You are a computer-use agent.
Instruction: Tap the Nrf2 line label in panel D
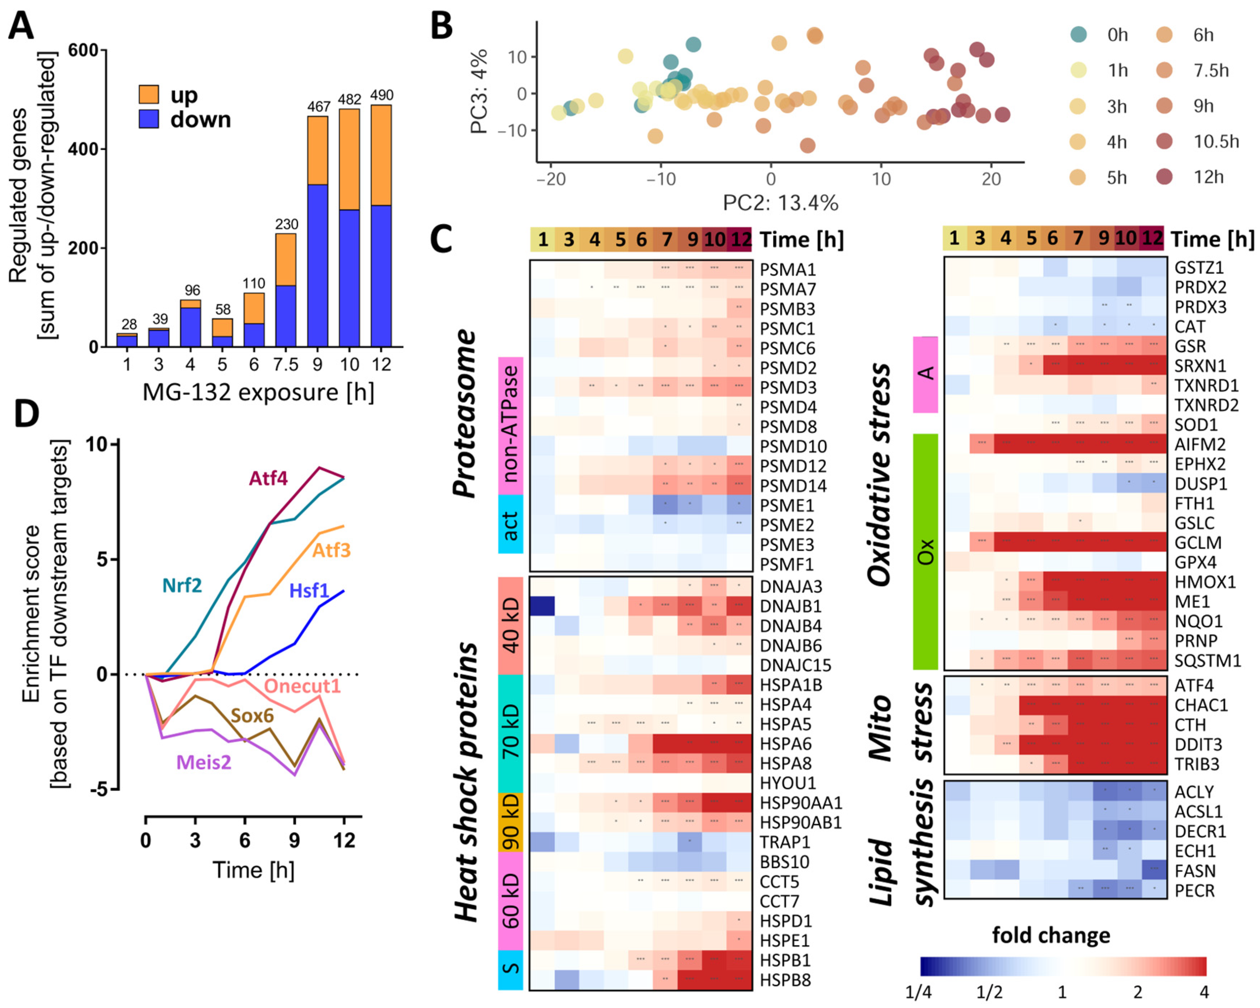(182, 585)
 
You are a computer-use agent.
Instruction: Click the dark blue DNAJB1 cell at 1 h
(542, 606)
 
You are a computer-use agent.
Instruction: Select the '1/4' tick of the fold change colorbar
(918, 992)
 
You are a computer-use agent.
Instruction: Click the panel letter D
(26, 413)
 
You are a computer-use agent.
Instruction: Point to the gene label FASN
(1195, 871)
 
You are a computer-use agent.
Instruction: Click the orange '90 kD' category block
(510, 822)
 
